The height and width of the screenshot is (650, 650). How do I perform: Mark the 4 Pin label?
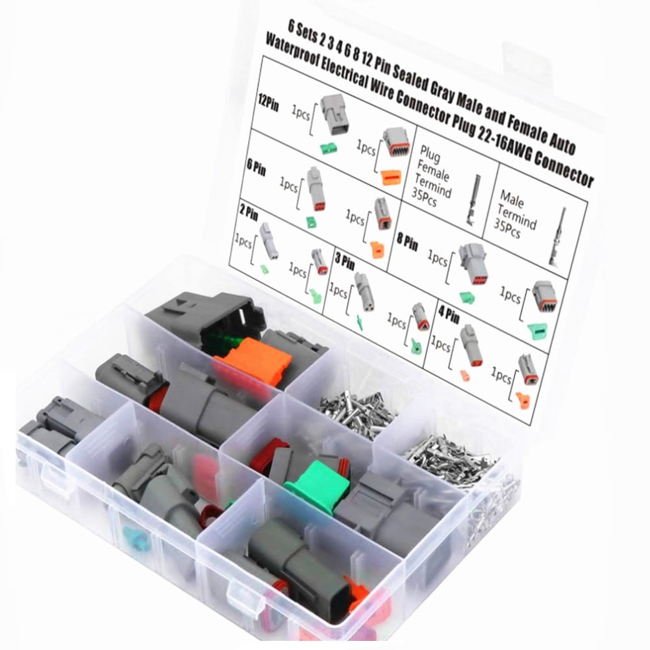pyautogui.click(x=448, y=319)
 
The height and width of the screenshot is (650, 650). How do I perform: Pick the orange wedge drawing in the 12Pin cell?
pyautogui.click(x=391, y=177)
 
